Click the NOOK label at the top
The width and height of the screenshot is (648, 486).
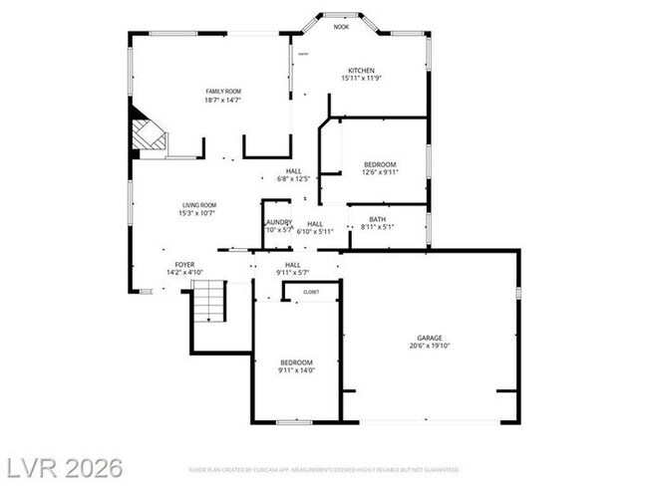coord(341,27)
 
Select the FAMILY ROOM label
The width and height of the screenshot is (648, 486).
coord(223,91)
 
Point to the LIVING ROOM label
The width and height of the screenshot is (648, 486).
coord(197,204)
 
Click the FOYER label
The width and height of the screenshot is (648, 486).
coord(184,264)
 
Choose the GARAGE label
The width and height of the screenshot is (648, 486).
coord(430,338)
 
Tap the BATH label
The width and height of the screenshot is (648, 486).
coord(377,219)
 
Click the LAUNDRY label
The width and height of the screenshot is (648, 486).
coord(279,222)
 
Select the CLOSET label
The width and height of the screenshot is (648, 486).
coord(311,292)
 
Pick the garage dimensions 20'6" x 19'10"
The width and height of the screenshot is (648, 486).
coord(430,347)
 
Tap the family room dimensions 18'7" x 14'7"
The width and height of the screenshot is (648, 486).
coord(223,100)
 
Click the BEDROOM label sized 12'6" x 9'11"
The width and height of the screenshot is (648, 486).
coord(380,164)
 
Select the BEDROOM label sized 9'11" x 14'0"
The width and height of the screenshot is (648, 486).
coord(296,362)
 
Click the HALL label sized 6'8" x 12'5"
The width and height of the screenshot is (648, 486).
coord(294,171)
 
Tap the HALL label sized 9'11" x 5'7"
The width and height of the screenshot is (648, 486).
coord(294,264)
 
